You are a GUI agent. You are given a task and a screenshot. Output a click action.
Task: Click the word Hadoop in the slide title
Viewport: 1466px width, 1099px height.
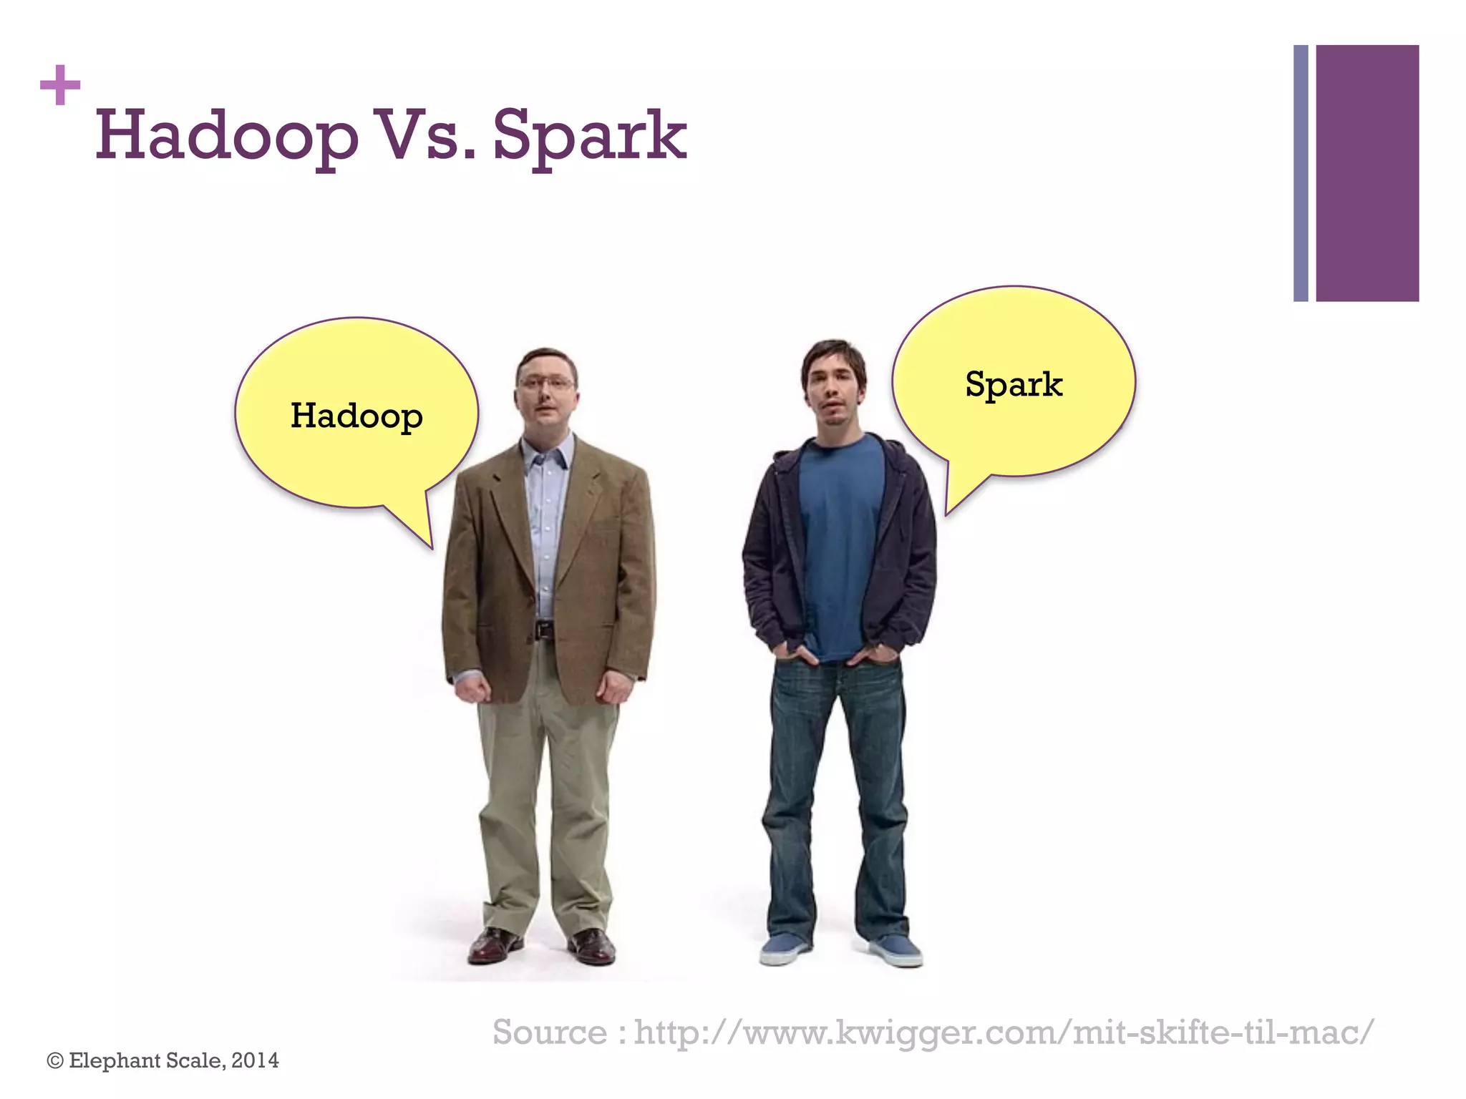coord(226,136)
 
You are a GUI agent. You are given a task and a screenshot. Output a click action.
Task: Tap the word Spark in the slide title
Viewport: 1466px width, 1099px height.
coord(589,136)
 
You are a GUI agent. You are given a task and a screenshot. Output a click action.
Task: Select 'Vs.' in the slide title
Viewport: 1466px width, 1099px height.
coord(425,136)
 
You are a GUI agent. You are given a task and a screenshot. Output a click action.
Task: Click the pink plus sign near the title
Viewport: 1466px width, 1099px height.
coord(60,85)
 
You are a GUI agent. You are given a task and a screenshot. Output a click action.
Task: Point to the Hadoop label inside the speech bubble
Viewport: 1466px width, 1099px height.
coord(356,416)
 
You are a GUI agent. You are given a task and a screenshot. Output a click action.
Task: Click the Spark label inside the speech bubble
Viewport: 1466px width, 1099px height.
coord(1014,384)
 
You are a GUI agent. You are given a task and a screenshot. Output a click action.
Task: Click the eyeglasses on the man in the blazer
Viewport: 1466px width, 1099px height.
coord(545,384)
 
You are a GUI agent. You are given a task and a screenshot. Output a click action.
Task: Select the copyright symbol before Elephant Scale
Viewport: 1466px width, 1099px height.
coord(54,1061)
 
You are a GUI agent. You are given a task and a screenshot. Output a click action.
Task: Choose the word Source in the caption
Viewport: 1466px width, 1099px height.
coord(550,1032)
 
